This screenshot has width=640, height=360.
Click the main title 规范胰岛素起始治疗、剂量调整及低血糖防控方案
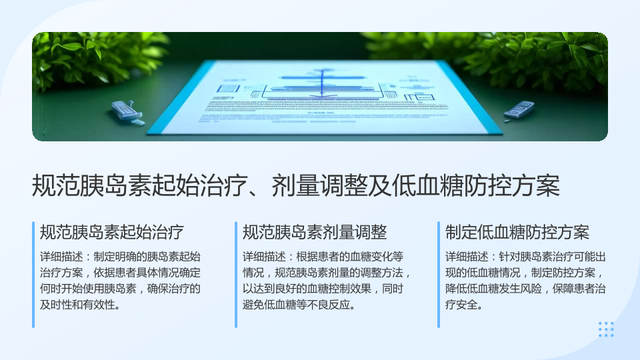(296, 186)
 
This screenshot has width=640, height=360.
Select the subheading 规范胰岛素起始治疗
(112, 232)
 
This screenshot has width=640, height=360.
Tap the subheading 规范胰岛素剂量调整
(315, 232)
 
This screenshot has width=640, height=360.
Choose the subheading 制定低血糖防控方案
(517, 232)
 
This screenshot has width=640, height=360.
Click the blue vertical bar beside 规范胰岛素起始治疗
(33, 275)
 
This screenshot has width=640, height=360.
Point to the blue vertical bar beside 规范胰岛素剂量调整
(236, 275)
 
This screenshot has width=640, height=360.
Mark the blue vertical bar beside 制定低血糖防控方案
(439, 275)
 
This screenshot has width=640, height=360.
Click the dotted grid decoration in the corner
(606, 329)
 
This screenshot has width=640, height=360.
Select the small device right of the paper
(519, 110)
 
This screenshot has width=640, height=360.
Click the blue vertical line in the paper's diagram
(323, 84)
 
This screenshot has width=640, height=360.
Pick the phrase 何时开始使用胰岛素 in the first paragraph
(88, 289)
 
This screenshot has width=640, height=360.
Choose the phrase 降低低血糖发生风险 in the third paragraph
(493, 289)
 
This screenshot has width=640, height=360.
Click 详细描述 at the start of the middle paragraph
(264, 257)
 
